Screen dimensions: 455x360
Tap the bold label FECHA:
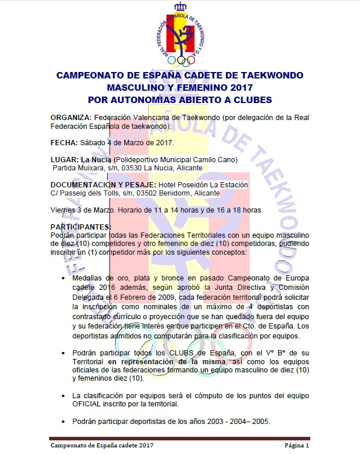pos(63,142)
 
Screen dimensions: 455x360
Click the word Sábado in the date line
pos(92,142)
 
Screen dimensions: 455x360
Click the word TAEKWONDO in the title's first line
pos(268,76)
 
